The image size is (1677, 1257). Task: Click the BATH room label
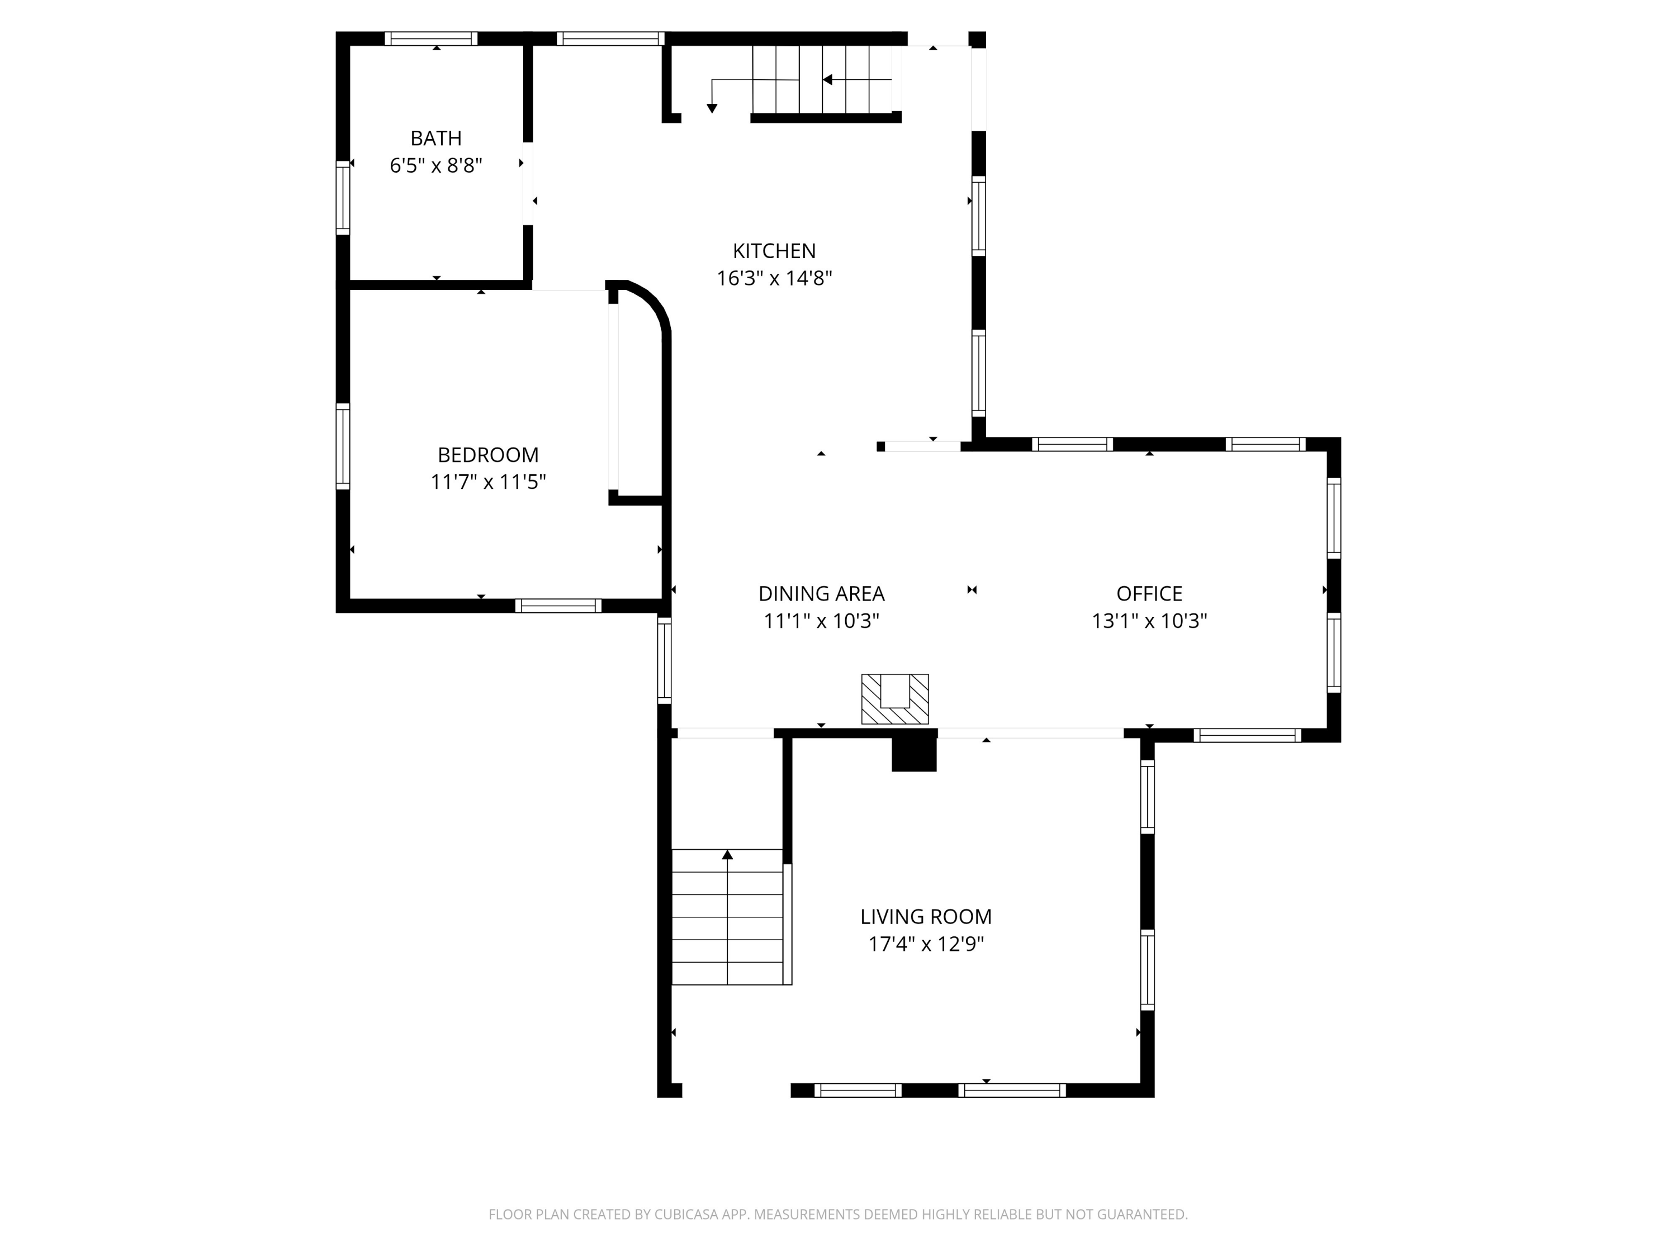(436, 138)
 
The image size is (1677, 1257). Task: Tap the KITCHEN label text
(774, 251)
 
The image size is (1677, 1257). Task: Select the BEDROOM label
(488, 455)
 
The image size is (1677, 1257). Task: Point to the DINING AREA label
(821, 593)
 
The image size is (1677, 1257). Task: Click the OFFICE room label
(1149, 593)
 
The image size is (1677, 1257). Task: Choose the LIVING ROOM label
(926, 917)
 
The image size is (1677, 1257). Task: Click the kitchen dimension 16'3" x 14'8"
(774, 278)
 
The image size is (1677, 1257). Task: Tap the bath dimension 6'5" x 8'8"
(436, 165)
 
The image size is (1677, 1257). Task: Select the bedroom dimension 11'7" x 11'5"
(488, 482)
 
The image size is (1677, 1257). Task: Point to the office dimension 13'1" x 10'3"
(1149, 621)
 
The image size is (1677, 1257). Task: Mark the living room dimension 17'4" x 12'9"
(926, 944)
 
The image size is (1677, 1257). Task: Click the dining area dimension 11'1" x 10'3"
(821, 621)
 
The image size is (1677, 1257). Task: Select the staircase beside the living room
(728, 917)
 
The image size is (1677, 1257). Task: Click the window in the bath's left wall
(343, 198)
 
